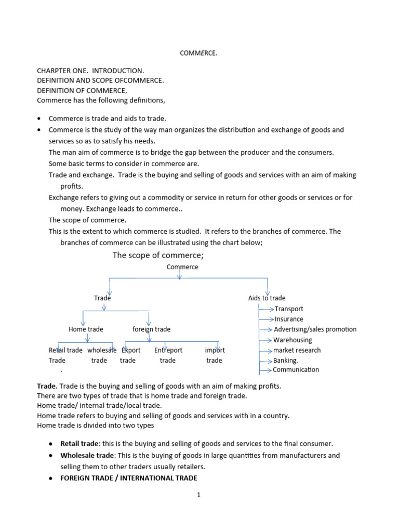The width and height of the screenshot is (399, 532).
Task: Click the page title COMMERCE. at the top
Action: [x=199, y=53]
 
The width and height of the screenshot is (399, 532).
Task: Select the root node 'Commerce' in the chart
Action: [x=182, y=267]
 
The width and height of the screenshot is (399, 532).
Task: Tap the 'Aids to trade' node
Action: [x=267, y=298]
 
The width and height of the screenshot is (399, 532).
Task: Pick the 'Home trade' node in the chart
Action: [x=86, y=329]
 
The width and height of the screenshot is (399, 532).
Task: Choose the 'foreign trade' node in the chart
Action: [x=151, y=329]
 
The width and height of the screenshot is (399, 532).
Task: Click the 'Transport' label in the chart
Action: [x=289, y=309]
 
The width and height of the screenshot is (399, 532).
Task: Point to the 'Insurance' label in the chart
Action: [x=289, y=320]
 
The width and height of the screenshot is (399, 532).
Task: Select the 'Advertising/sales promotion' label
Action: [x=315, y=329]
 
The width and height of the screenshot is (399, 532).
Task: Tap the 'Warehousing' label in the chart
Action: [x=293, y=340]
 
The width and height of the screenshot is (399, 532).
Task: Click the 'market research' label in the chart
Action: [x=297, y=350]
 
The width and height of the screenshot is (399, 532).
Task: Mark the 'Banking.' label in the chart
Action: [x=286, y=361]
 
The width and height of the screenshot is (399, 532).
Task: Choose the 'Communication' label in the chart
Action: [x=296, y=370]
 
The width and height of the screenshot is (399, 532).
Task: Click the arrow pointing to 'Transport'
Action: [x=267, y=309]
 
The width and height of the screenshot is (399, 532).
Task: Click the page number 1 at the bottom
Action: [x=198, y=495]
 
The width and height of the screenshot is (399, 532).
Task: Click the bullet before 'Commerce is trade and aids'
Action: [x=39, y=119]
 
